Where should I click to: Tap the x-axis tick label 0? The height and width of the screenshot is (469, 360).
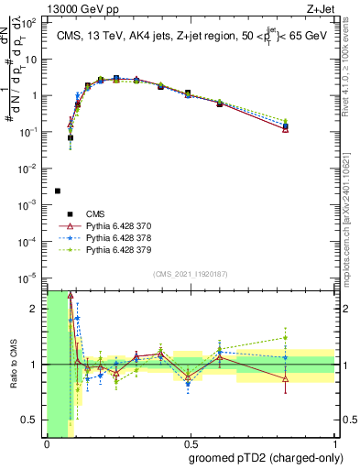(47, 443)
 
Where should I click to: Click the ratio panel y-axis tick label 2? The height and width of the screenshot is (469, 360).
(35, 309)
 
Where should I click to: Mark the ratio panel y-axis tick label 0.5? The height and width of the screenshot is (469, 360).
(31, 420)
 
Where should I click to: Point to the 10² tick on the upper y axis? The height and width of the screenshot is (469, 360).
(31, 21)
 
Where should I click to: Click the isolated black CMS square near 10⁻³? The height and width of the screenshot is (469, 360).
(58, 191)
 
